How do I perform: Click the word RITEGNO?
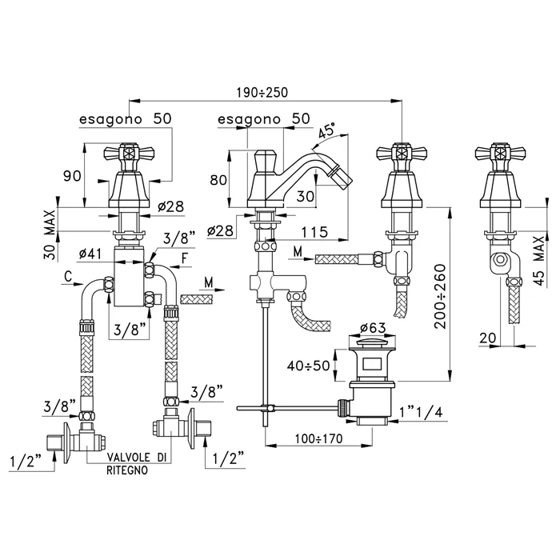click(x=127, y=471)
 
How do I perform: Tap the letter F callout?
click(x=186, y=258)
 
